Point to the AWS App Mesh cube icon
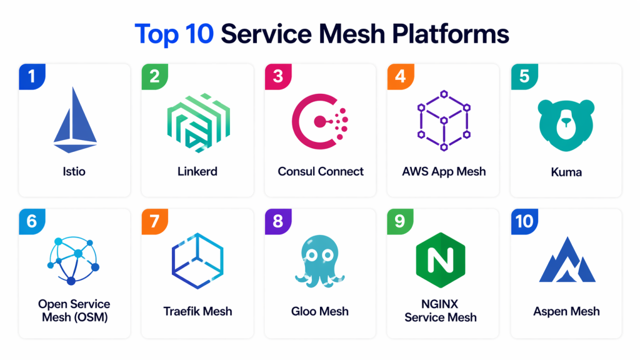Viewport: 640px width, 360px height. click(x=442, y=119)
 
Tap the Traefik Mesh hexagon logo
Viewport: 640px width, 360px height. click(x=197, y=261)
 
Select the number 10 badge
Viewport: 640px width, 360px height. click(x=524, y=221)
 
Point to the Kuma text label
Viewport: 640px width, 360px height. click(x=566, y=171)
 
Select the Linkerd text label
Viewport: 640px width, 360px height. click(x=197, y=171)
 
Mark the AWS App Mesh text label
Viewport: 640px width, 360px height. click(x=444, y=171)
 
